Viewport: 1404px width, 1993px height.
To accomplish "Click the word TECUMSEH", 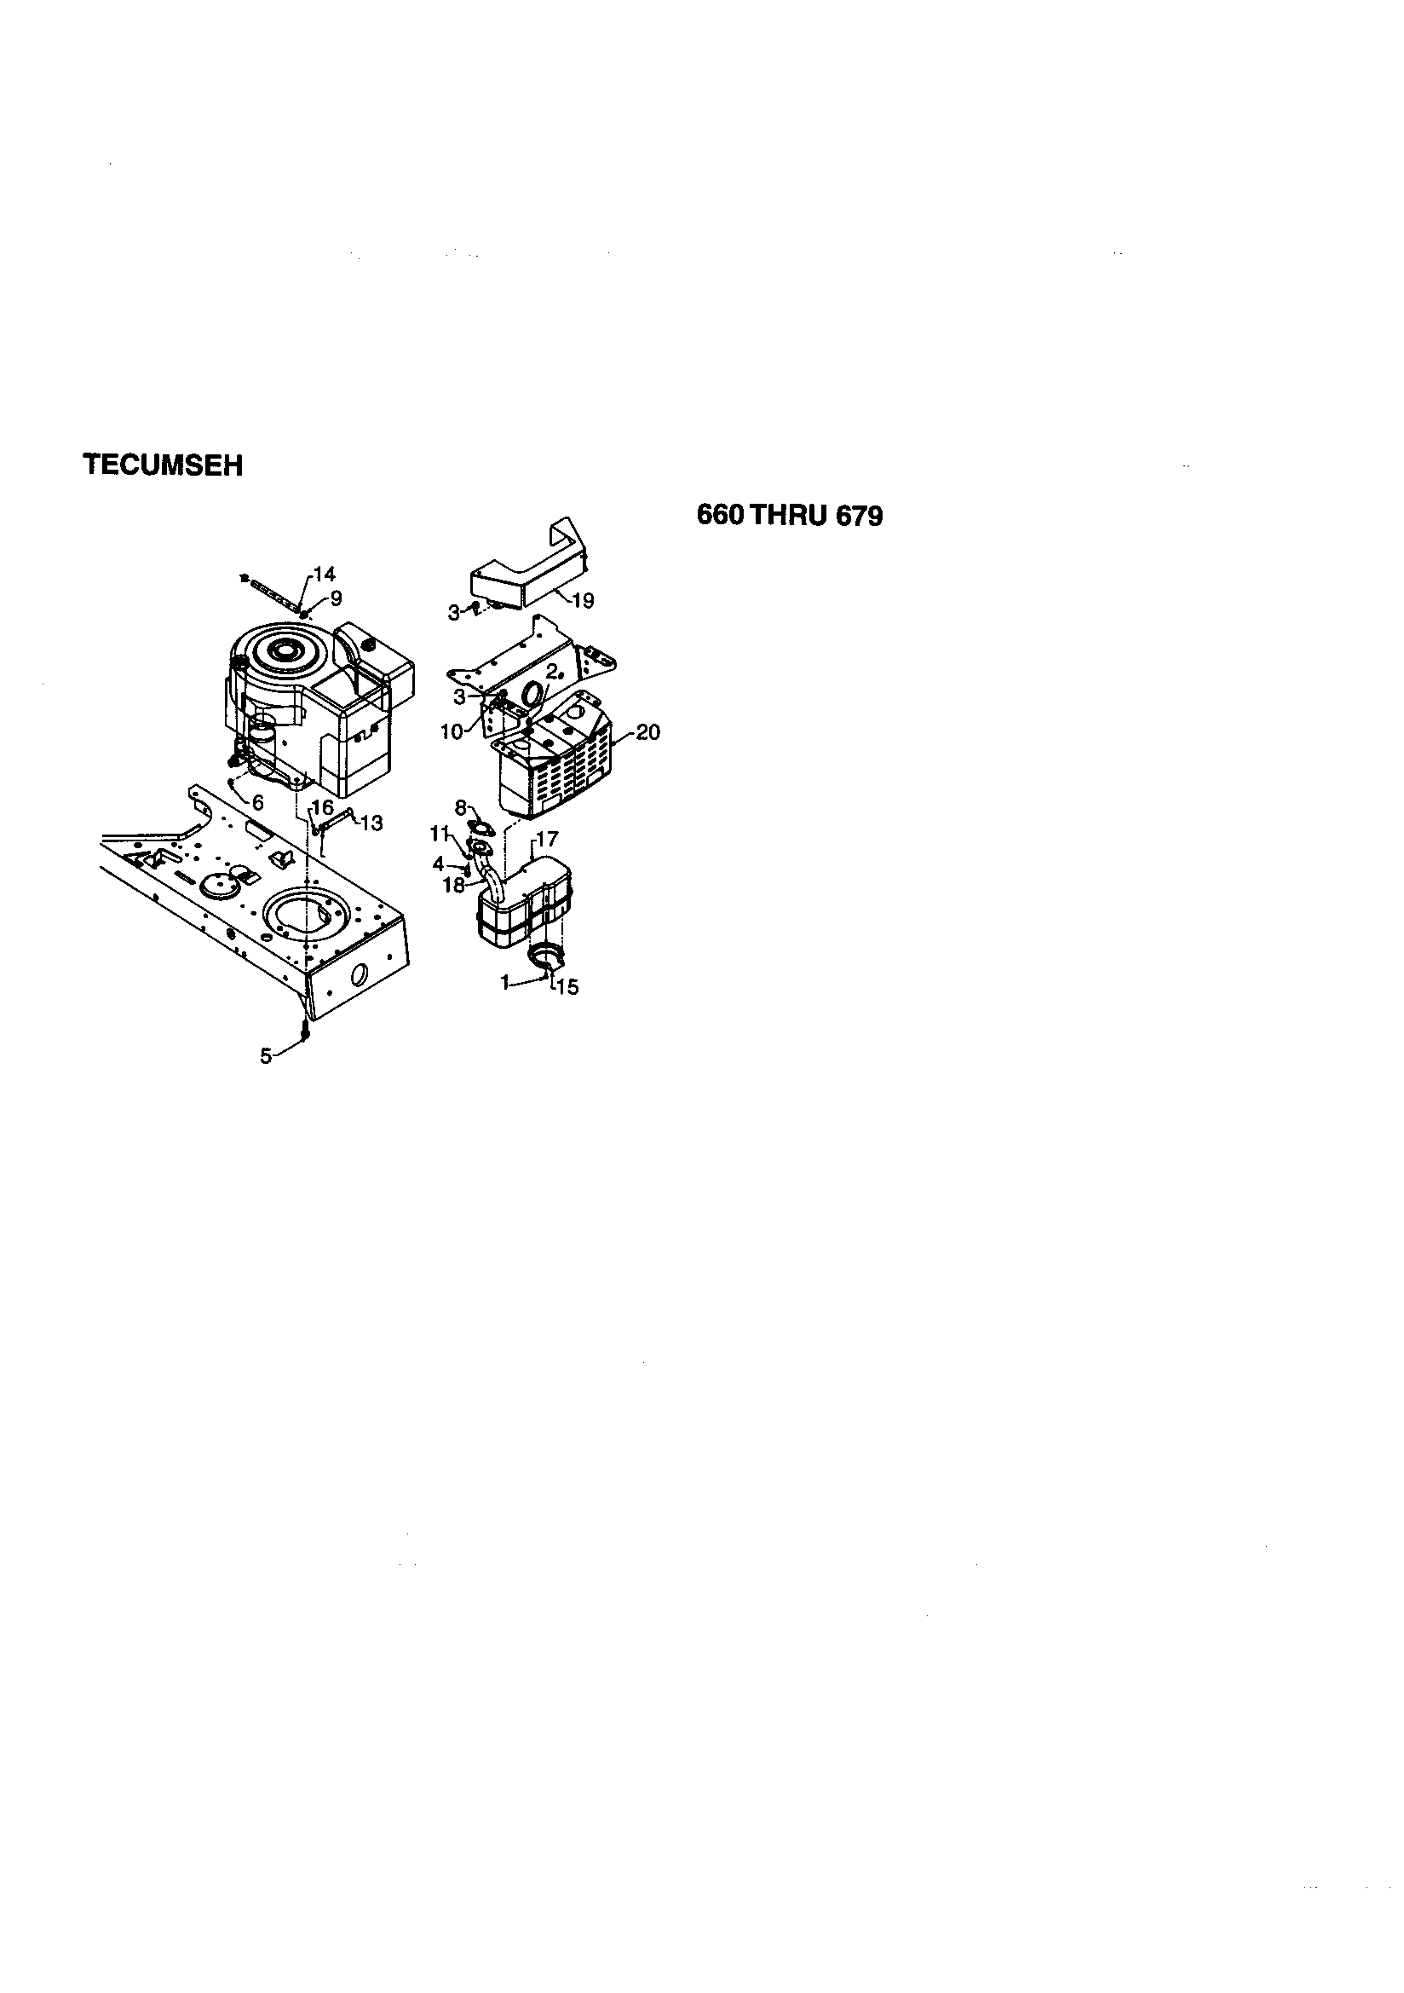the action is (162, 465).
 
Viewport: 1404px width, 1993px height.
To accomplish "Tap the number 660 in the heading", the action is (720, 516).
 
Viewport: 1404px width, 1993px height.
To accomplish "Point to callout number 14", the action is (324, 574).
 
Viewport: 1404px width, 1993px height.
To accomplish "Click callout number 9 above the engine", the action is (336, 598).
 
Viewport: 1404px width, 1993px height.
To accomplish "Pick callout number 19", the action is (583, 601).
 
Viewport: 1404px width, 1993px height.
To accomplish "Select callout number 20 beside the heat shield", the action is (647, 731).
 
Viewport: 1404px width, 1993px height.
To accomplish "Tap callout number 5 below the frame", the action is (266, 1055).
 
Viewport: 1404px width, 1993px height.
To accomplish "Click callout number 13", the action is (371, 823).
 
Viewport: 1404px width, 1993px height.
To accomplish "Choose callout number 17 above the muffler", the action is (547, 840).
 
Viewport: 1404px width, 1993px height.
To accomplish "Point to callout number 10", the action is (452, 731).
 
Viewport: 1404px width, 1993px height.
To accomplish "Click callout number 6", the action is (258, 804).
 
